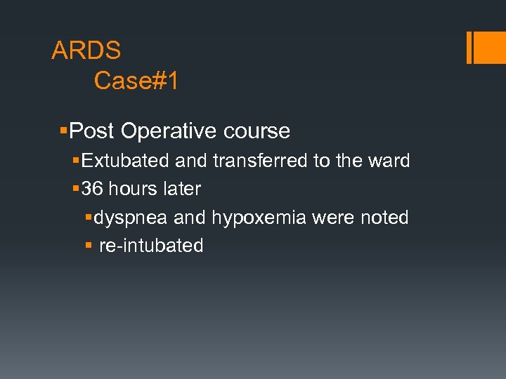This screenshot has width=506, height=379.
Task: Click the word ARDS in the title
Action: click(86, 51)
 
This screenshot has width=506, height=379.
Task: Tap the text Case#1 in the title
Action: click(136, 81)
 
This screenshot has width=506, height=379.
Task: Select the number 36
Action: click(92, 189)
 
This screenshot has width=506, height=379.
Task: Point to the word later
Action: click(182, 189)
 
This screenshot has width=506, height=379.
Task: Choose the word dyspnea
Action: click(131, 218)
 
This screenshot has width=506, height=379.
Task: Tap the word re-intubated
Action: click(151, 246)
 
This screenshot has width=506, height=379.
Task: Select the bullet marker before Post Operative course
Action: click(64, 131)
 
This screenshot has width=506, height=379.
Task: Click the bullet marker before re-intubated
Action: click(88, 246)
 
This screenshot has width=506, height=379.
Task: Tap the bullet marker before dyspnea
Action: click(88, 218)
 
